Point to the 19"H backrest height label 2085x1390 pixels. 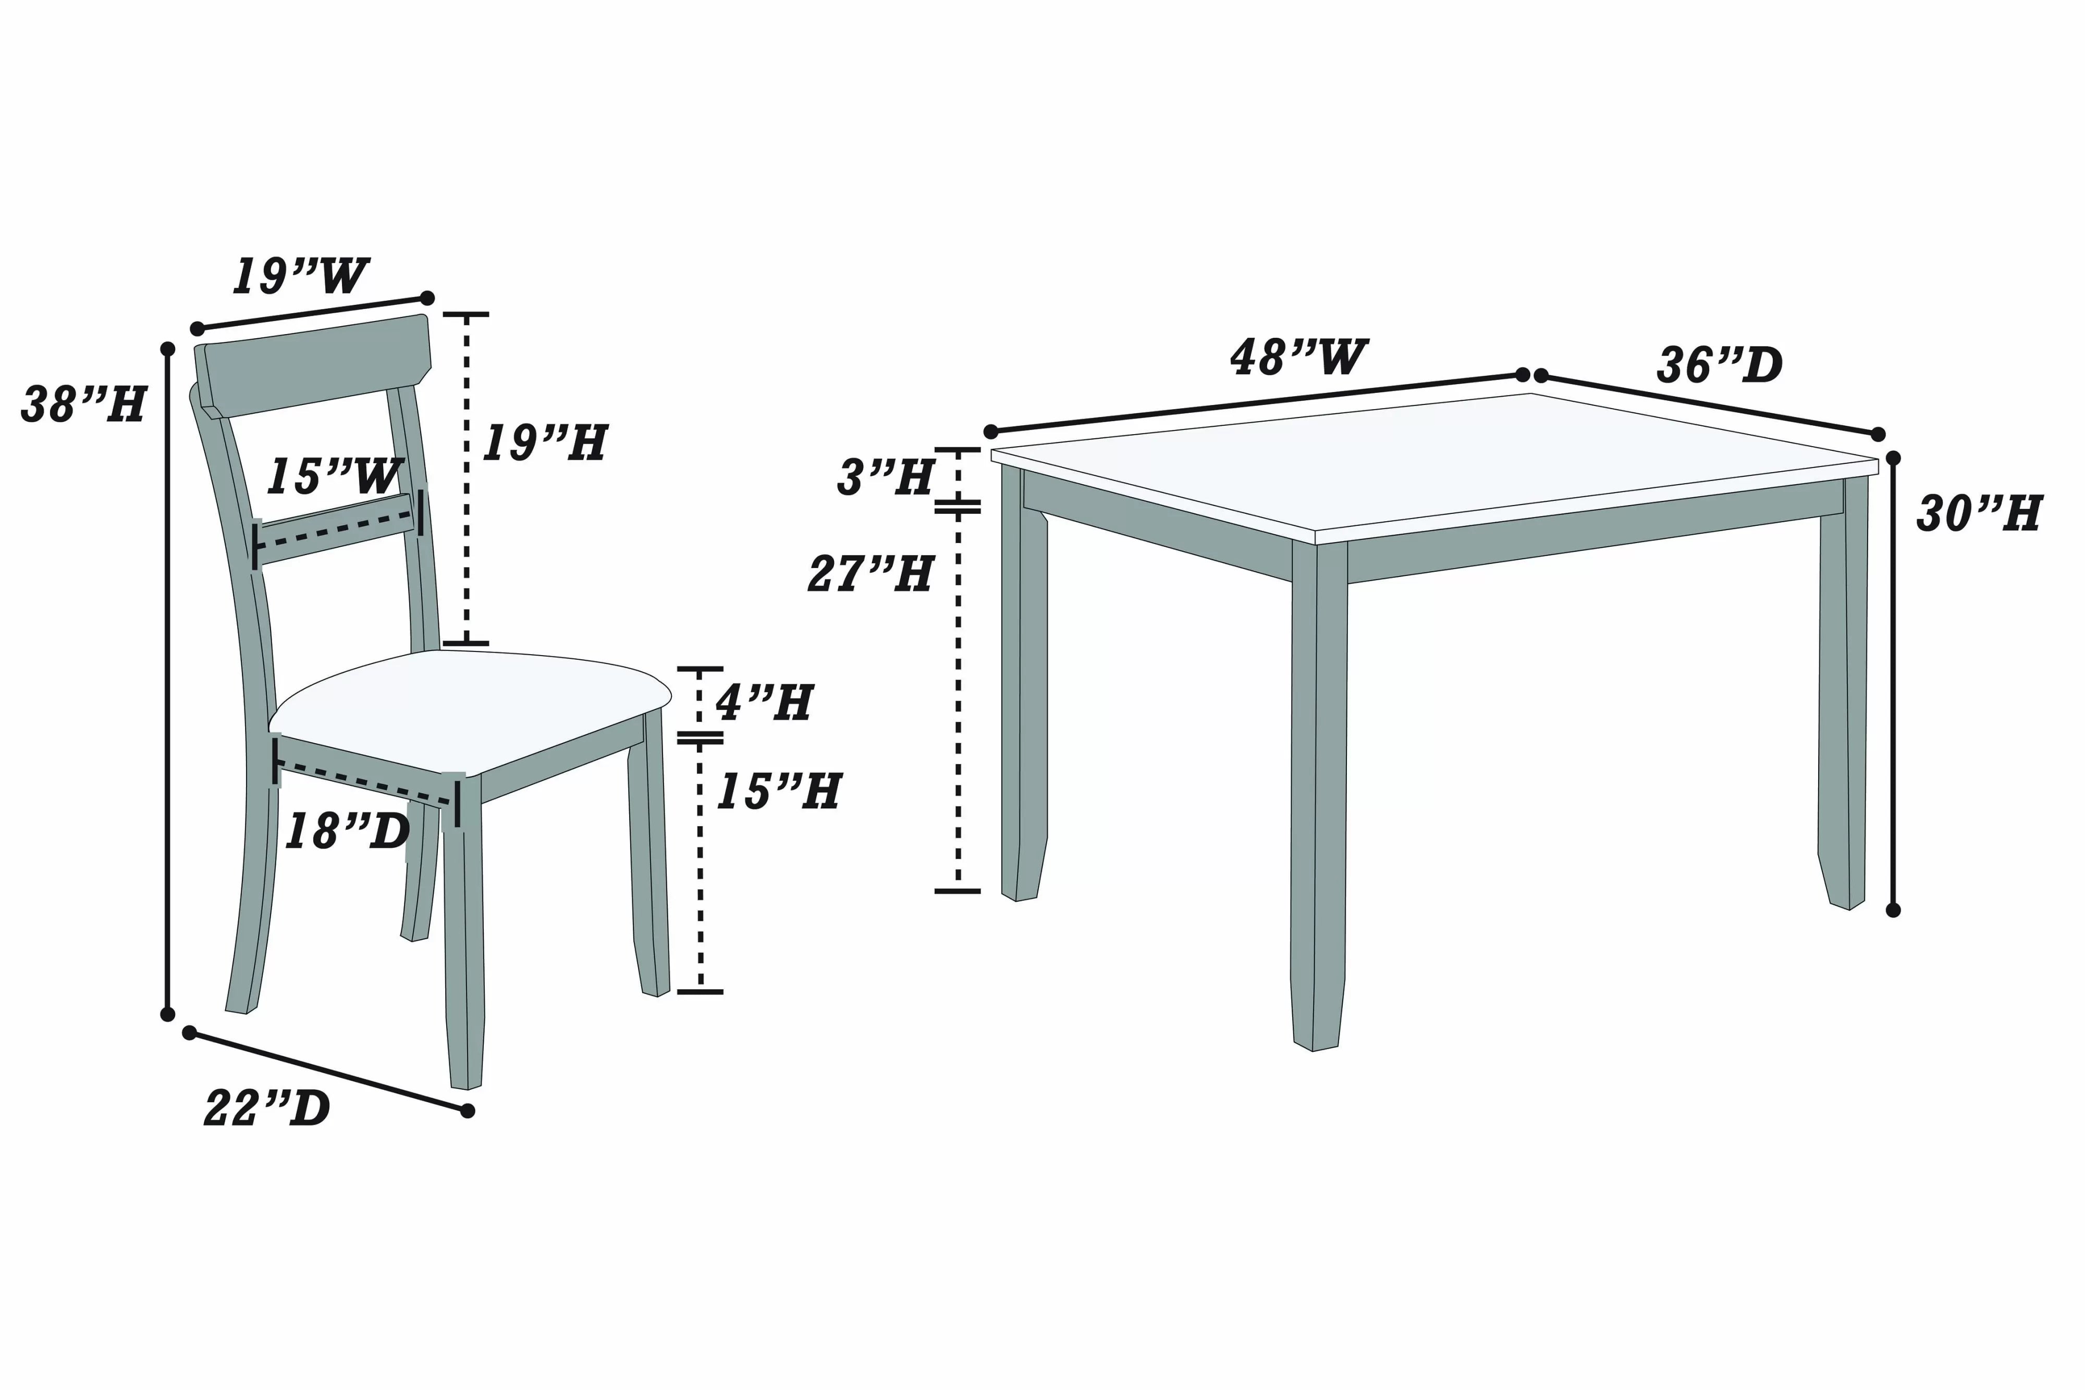(x=544, y=442)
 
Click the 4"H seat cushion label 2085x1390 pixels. (x=764, y=703)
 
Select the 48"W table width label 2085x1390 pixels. (x=1298, y=356)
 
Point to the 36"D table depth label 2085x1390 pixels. (x=1719, y=365)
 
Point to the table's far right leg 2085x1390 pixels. (x=1844, y=709)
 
